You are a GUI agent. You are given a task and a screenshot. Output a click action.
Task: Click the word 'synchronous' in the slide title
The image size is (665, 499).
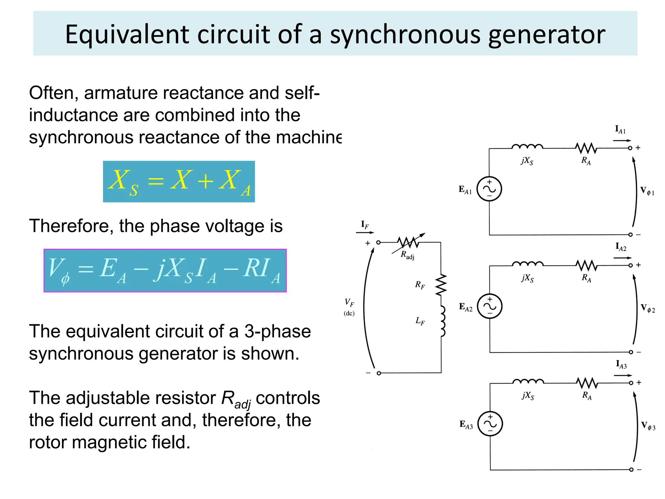405,34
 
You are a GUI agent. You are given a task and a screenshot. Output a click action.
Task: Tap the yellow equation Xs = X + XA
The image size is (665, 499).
179,182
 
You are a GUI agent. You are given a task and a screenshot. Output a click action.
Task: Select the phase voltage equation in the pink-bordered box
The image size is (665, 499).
165,271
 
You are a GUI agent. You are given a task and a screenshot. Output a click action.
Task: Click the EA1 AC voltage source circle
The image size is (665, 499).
489,189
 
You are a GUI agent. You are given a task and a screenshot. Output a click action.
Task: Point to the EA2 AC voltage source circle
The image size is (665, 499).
490,306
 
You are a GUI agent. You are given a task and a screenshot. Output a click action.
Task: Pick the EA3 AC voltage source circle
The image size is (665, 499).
490,424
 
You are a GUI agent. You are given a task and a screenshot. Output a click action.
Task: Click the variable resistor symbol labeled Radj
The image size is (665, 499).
408,242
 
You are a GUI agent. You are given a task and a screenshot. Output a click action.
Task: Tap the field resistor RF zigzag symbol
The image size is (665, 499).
441,285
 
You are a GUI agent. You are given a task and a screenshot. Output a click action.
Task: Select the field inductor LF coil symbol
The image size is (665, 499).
442,321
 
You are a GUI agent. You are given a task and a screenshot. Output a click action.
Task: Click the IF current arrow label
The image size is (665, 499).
365,224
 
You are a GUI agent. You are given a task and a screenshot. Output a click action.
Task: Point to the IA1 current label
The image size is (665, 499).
620,130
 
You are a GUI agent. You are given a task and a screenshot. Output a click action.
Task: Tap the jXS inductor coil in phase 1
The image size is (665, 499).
527,147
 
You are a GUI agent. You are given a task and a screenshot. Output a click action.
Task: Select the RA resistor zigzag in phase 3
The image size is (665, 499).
587,383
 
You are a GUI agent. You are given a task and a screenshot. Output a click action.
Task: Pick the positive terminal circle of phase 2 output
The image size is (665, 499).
631,265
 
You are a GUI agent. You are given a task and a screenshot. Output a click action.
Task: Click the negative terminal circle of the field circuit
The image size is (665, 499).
379,373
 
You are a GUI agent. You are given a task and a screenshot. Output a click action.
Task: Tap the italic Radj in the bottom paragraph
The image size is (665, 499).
236,399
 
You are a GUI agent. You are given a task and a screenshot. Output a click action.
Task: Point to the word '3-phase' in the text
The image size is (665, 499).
278,331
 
